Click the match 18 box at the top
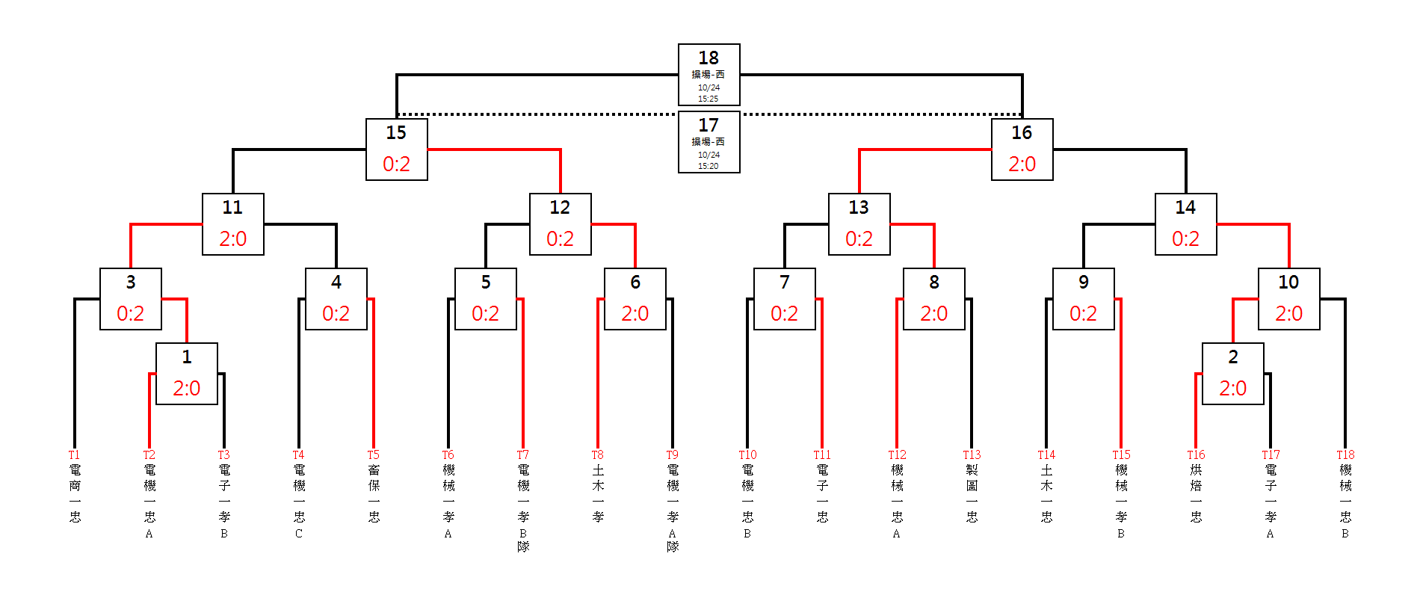point(709,75)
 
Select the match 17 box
point(709,142)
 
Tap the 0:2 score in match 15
point(396,164)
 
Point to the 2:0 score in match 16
point(1022,164)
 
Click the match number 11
point(232,207)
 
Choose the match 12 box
point(560,224)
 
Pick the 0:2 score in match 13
point(859,238)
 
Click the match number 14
point(1185,207)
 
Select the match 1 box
point(186,374)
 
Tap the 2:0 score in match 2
point(1232,388)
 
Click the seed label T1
point(74,454)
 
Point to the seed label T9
point(672,454)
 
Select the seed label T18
point(1345,454)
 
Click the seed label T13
point(972,454)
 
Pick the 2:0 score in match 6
point(635,313)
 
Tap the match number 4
point(336,282)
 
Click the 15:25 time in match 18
point(709,99)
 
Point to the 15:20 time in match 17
point(709,166)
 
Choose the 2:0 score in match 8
point(933,313)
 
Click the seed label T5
point(373,454)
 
